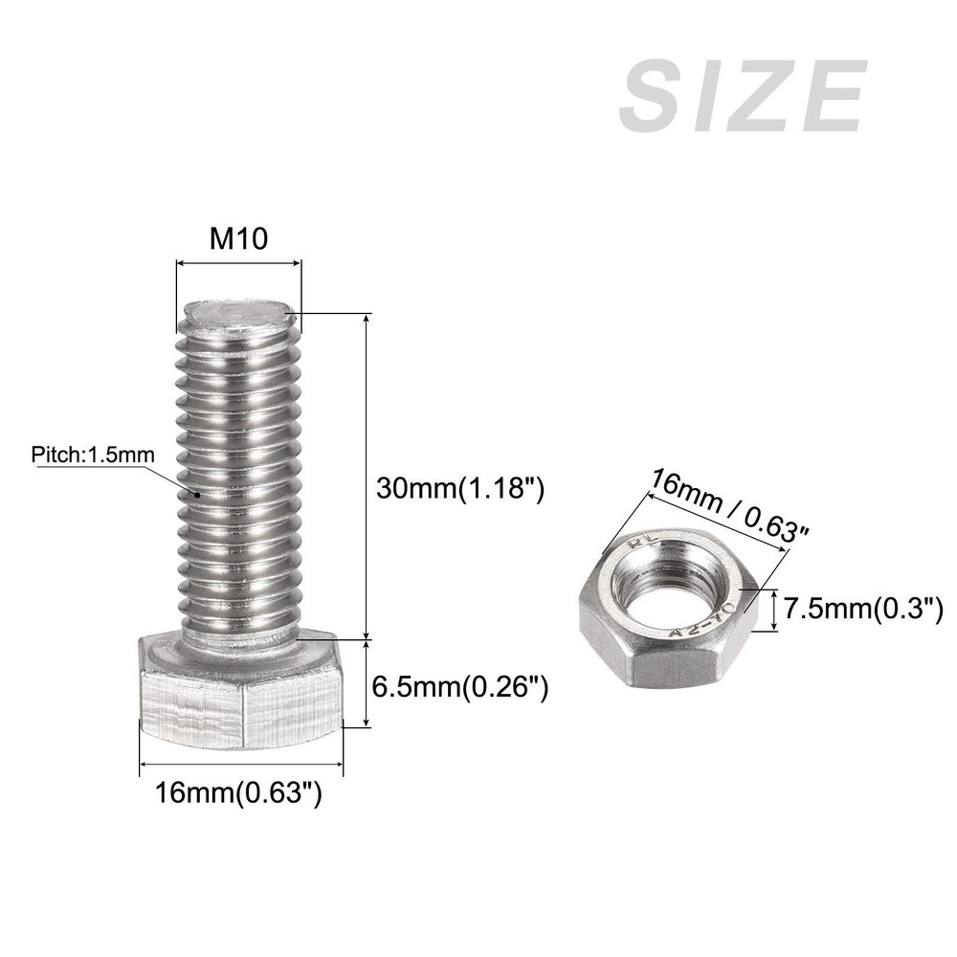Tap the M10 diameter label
click(238, 238)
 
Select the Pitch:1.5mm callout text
click(93, 455)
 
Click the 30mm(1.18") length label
click(459, 488)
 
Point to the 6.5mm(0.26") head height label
click(460, 687)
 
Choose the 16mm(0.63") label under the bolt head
click(238, 792)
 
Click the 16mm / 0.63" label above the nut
click(728, 505)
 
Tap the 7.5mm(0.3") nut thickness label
click(863, 609)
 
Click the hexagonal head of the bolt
click(241, 690)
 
